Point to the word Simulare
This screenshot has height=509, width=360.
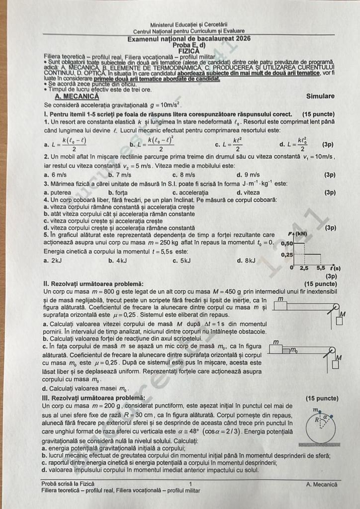pos(320,97)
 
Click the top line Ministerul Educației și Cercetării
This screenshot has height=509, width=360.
pos(188,24)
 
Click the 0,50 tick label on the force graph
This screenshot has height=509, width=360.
pos(286,244)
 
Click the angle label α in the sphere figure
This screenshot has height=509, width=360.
pos(325,417)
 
